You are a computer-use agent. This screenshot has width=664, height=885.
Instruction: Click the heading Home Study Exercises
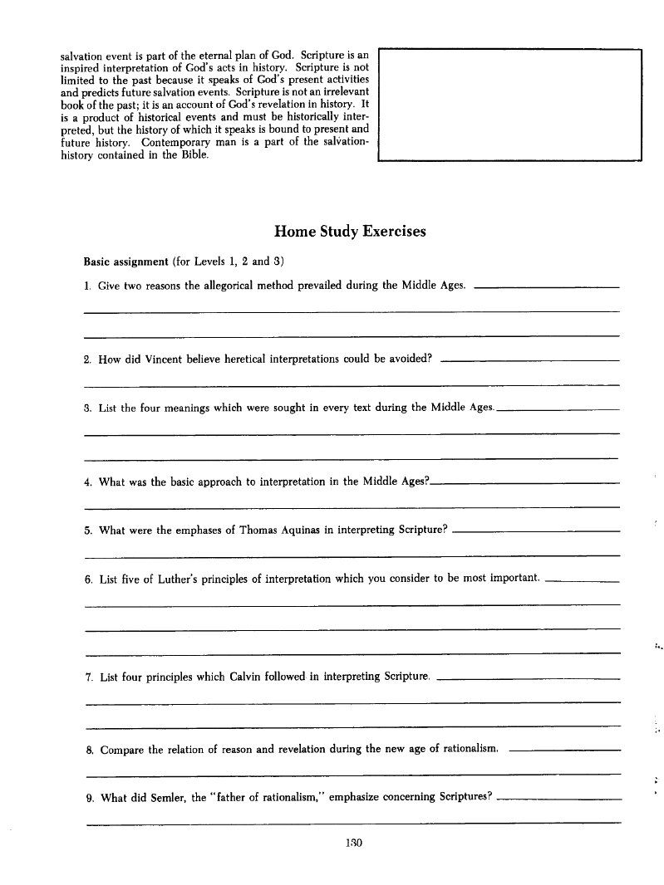click(x=350, y=232)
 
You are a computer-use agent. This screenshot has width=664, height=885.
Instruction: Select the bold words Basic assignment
click(x=126, y=262)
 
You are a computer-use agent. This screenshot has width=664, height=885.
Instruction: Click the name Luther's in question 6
click(x=207, y=579)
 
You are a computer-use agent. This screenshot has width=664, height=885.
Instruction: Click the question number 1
click(x=87, y=286)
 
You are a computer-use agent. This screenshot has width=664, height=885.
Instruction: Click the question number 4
click(x=88, y=482)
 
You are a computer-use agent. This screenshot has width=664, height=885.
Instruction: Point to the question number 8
click(x=89, y=751)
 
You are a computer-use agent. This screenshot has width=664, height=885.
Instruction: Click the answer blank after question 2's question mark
click(x=529, y=363)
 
